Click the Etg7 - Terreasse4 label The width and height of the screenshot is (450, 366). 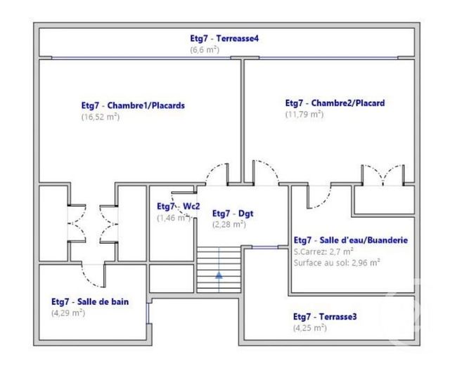(224, 39)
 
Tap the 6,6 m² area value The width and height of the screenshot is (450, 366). (206, 50)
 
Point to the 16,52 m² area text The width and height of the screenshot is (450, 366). (101, 117)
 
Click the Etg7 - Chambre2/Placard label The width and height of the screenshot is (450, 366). (334, 103)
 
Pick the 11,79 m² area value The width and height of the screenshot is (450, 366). (304, 114)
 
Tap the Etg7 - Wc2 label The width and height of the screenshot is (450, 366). (178, 207)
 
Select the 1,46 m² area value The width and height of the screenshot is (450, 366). (173, 218)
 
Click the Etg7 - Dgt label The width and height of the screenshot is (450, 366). (231, 214)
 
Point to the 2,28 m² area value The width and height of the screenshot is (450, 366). (229, 225)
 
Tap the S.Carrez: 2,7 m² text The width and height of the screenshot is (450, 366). (323, 251)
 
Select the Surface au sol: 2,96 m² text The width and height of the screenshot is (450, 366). (337, 262)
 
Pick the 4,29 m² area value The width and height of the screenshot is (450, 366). (68, 313)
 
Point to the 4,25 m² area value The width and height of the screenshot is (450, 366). (310, 327)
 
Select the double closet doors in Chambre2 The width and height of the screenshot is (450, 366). (382, 176)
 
